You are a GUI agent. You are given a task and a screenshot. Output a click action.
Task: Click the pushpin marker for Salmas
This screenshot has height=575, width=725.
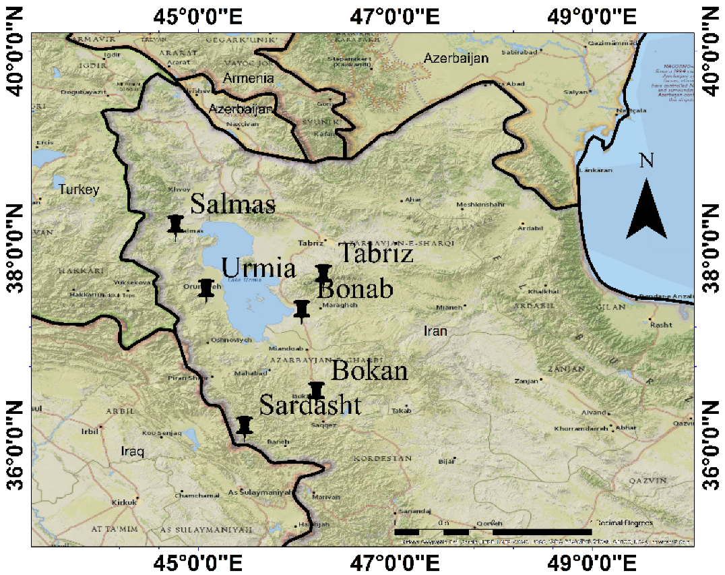pyautogui.click(x=176, y=225)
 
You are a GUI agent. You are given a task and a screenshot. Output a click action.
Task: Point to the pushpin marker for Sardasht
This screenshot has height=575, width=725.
pyautogui.click(x=245, y=425)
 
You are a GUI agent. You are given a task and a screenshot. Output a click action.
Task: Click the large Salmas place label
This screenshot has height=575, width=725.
pyautogui.click(x=232, y=204)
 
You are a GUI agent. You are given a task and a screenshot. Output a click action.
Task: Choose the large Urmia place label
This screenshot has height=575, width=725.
pyautogui.click(x=259, y=268)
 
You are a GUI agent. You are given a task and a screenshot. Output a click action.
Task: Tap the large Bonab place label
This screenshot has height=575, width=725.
pyautogui.click(x=354, y=290)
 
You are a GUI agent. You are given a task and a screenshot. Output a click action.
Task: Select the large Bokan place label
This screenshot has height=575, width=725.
pyautogui.click(x=370, y=371)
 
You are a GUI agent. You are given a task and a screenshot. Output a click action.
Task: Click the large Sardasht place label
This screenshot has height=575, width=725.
pyautogui.click(x=310, y=406)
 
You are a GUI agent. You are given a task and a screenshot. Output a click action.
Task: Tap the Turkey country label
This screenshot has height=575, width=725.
pyautogui.click(x=79, y=190)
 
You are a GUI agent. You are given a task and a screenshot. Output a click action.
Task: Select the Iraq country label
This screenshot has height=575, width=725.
pyautogui.click(x=132, y=451)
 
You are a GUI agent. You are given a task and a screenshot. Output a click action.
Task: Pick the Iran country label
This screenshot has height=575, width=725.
pyautogui.click(x=435, y=331)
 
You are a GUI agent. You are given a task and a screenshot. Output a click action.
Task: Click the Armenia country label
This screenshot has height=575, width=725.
pyautogui.click(x=249, y=78)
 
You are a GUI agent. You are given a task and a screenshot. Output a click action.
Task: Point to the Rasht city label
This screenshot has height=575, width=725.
pyautogui.click(x=662, y=324)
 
